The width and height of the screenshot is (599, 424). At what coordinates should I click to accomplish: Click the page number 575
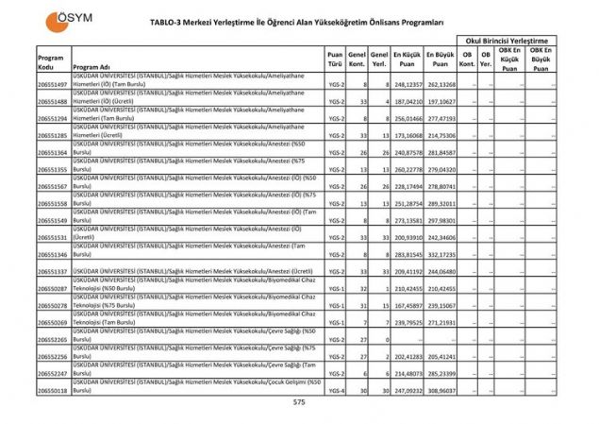coord(299,402)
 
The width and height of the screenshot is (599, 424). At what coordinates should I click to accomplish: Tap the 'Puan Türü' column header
coord(335,59)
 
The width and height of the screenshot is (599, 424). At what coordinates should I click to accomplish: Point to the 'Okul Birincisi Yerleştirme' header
coord(505,41)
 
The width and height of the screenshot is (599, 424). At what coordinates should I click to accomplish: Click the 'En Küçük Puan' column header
coord(406,59)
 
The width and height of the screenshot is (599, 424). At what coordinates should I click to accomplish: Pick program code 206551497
coord(53,85)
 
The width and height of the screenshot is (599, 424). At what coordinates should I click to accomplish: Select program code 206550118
coord(53,390)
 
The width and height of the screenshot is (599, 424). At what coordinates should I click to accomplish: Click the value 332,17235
coord(440,255)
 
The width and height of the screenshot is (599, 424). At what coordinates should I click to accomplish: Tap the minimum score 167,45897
coord(406,306)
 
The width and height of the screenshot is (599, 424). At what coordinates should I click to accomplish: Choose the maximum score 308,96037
coord(440,390)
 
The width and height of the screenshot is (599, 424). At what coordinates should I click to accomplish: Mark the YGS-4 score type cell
coord(336,390)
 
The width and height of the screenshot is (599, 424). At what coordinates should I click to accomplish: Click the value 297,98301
coord(440,221)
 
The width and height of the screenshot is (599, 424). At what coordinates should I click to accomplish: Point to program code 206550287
coord(53,289)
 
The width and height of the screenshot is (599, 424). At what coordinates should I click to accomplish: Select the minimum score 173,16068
coord(406,136)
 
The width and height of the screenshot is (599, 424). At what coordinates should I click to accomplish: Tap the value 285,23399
coord(440,373)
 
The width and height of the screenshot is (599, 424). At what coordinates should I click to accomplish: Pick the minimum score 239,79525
coord(406,323)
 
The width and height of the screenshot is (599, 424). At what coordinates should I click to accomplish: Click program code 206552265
coord(53,339)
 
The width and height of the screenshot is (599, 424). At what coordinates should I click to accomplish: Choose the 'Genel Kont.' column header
coord(357,59)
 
